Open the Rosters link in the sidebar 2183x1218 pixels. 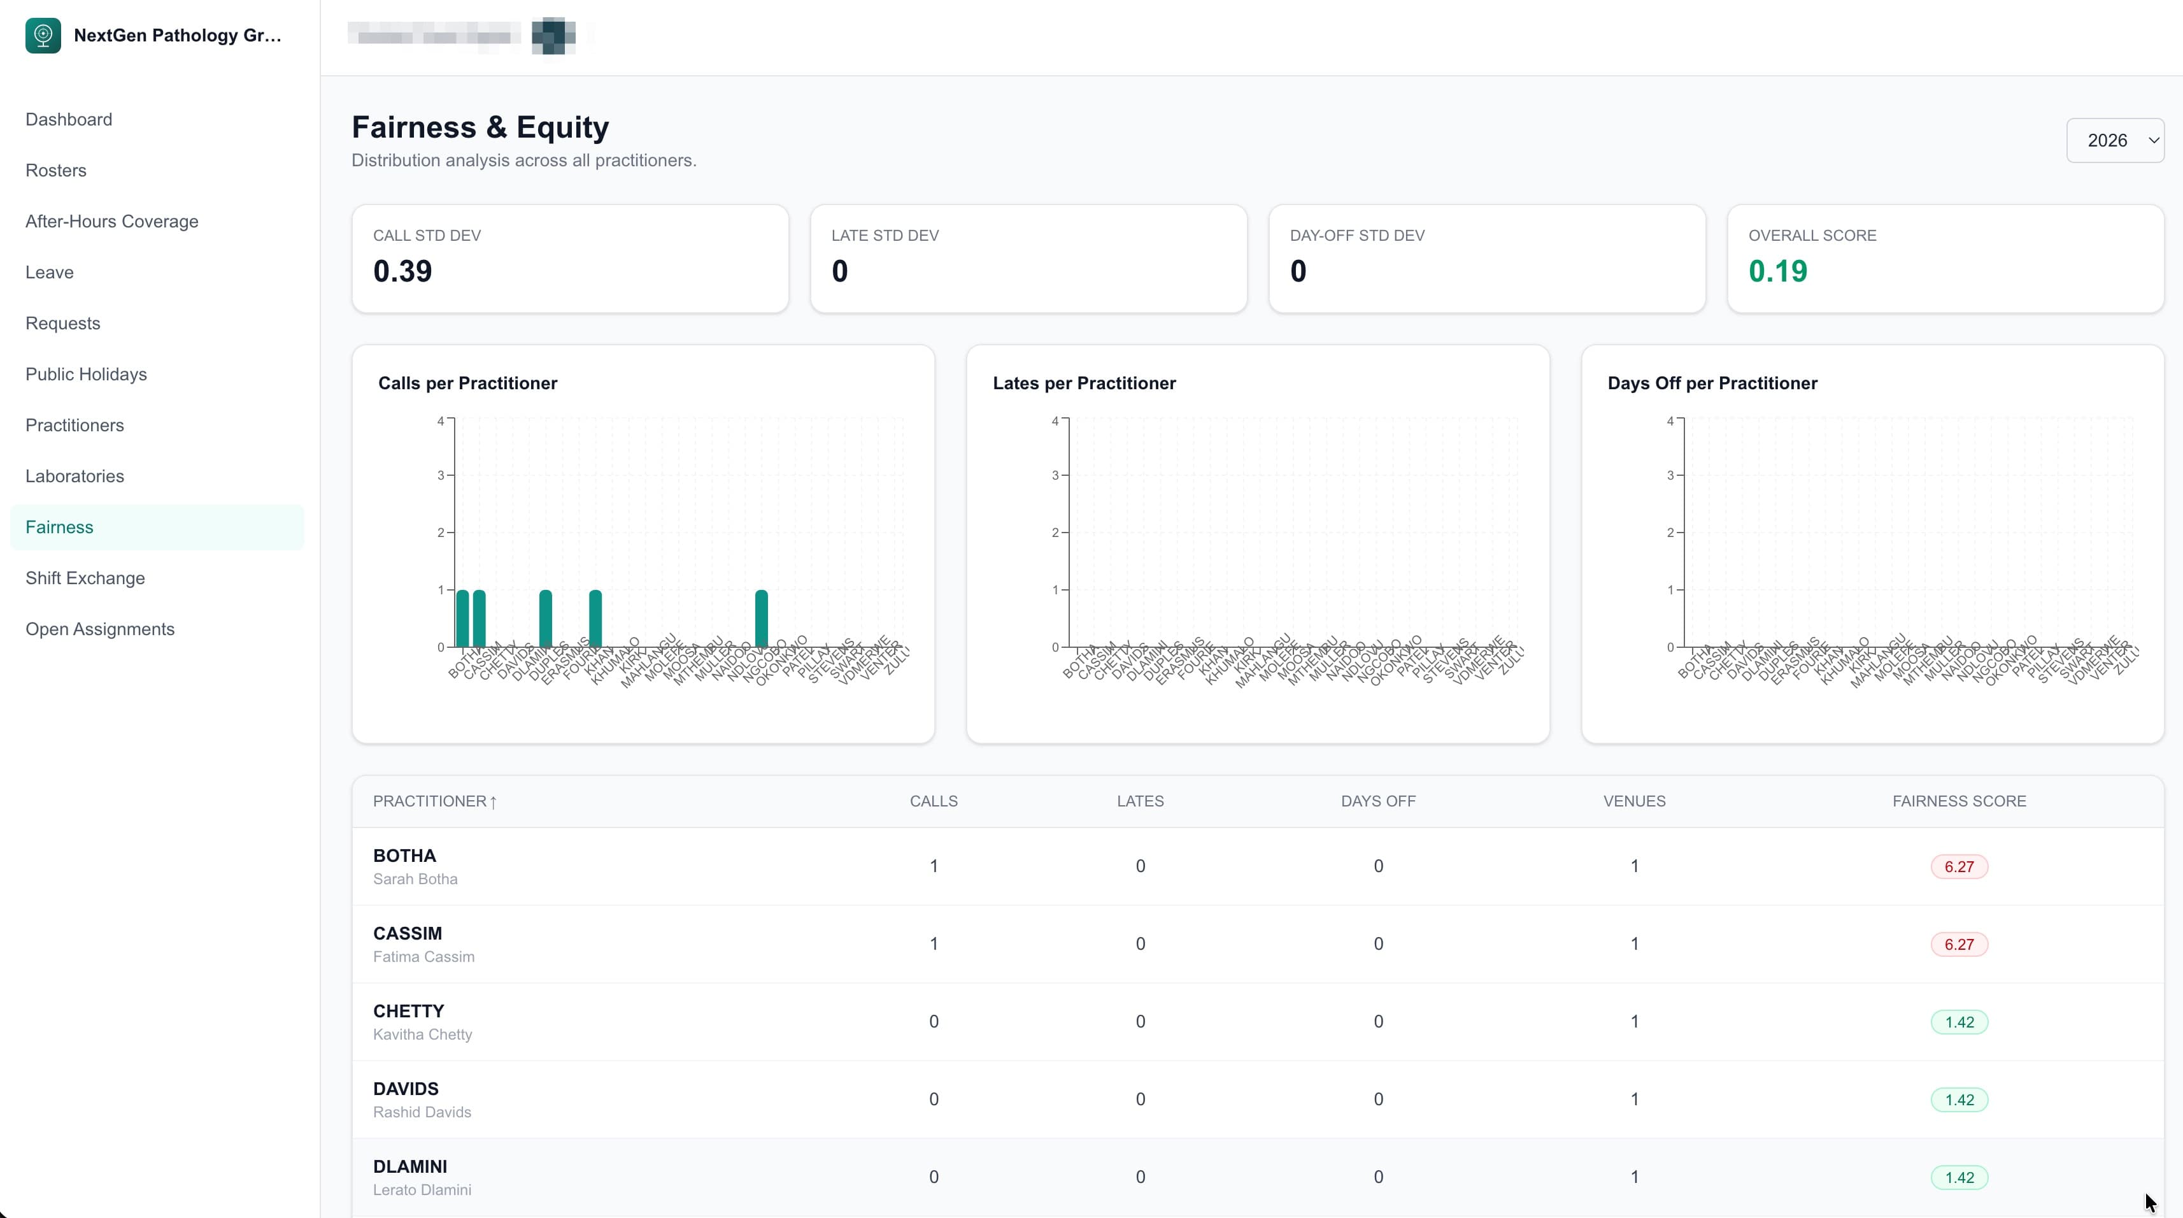tap(56, 170)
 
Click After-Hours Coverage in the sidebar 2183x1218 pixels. tap(112, 221)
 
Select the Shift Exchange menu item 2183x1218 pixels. tap(85, 578)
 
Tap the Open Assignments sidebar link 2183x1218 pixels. tap(100, 629)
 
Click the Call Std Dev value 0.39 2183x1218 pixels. tap(402, 271)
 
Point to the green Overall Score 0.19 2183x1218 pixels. tap(1777, 271)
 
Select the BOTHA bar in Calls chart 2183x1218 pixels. tap(462, 619)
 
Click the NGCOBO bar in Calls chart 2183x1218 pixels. tap(761, 619)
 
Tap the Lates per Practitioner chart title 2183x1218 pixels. tap(1084, 383)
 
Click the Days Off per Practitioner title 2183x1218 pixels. tap(1712, 383)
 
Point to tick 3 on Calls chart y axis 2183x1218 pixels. tap(441, 475)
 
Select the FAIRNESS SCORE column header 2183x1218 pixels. tap(1958, 801)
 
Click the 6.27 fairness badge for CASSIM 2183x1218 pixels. tap(1958, 944)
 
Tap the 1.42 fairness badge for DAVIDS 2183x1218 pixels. tap(1958, 1100)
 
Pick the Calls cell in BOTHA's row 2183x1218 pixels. tap(933, 866)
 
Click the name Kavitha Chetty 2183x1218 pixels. tap(422, 1034)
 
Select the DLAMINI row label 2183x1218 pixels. tap(410, 1166)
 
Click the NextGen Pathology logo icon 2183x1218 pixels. tap(43, 36)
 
